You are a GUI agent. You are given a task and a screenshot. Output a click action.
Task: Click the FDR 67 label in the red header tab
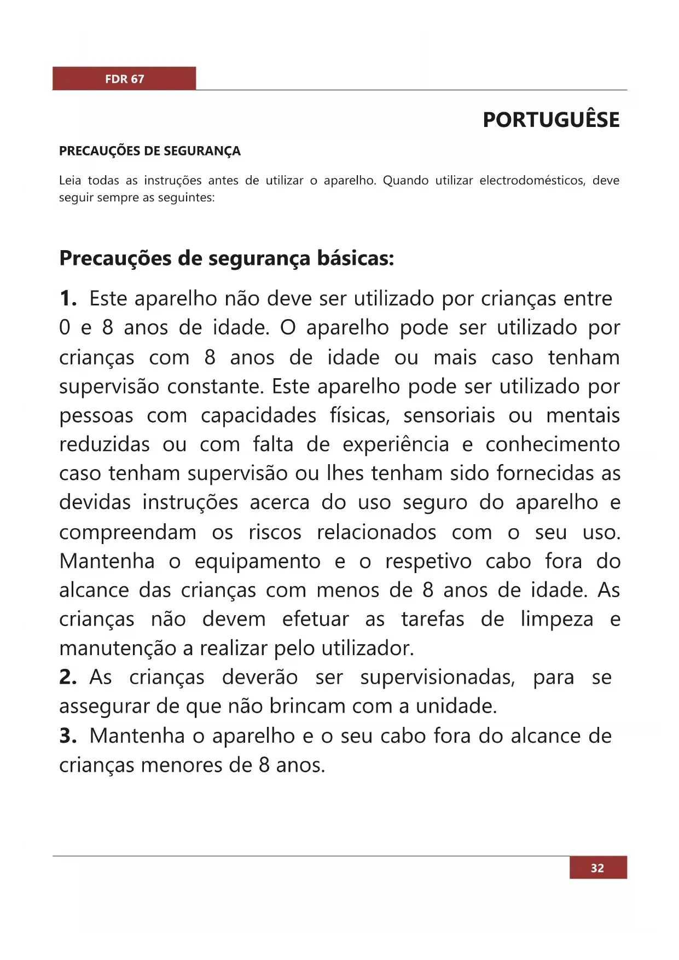coord(125,79)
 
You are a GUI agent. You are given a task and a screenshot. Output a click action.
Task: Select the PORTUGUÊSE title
coord(551,120)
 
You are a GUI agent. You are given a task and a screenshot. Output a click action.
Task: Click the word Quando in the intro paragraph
coord(405,181)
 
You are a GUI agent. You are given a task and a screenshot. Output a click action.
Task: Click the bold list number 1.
coord(68,299)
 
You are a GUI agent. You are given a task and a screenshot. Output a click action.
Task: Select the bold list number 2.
coord(68,678)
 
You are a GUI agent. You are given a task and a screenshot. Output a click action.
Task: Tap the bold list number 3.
coord(68,736)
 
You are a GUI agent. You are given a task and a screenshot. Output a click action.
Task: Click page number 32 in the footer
coord(597,868)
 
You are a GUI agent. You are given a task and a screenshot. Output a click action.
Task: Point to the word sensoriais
coord(449,415)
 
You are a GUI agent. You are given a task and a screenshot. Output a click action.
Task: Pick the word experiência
coord(396,444)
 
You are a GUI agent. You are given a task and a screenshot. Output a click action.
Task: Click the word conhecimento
coord(553,444)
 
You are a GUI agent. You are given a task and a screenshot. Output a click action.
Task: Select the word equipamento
coord(258,562)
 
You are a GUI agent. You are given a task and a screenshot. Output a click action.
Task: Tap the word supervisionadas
coord(437,678)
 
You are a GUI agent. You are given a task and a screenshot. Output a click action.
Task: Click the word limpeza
coord(557,620)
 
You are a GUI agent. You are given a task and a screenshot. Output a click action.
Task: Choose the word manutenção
coord(118,649)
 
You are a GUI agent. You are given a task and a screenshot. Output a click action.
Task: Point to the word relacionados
coord(376,533)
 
